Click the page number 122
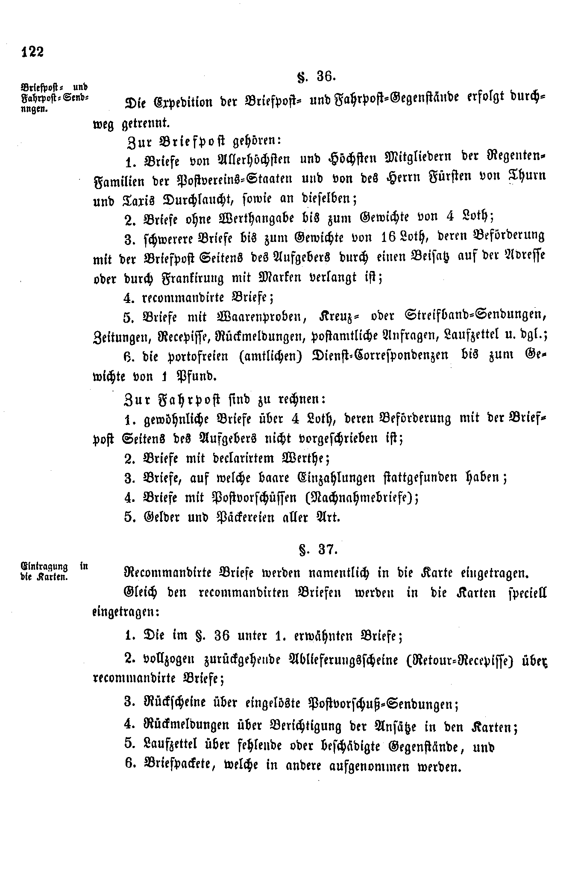coord(32,52)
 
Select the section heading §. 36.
coord(317,77)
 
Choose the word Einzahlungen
coord(332,477)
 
